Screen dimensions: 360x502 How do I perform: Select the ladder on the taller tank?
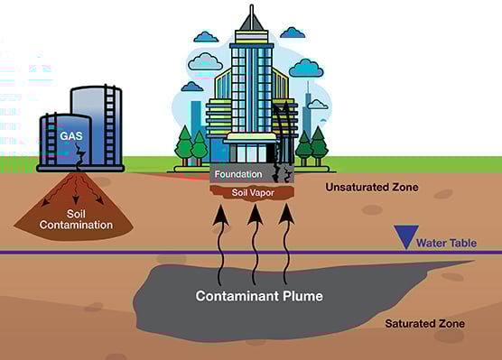point(112,126)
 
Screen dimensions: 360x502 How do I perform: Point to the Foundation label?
point(239,173)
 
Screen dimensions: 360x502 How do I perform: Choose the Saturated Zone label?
point(424,323)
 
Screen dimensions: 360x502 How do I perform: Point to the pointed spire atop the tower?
point(251,16)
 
